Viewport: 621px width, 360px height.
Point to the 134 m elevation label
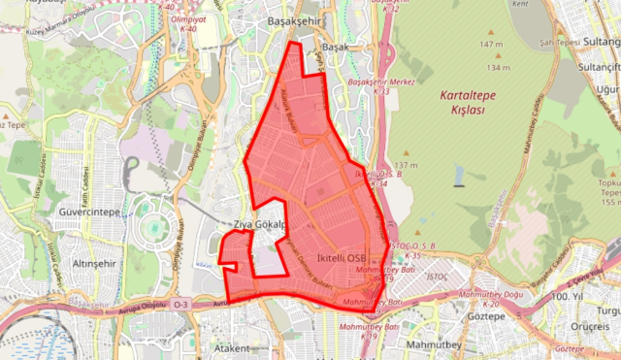[x=500, y=68]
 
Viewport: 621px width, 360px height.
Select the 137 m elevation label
[x=407, y=166]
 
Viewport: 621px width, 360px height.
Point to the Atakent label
[x=233, y=346]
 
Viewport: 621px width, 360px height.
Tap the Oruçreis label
[x=589, y=325]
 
